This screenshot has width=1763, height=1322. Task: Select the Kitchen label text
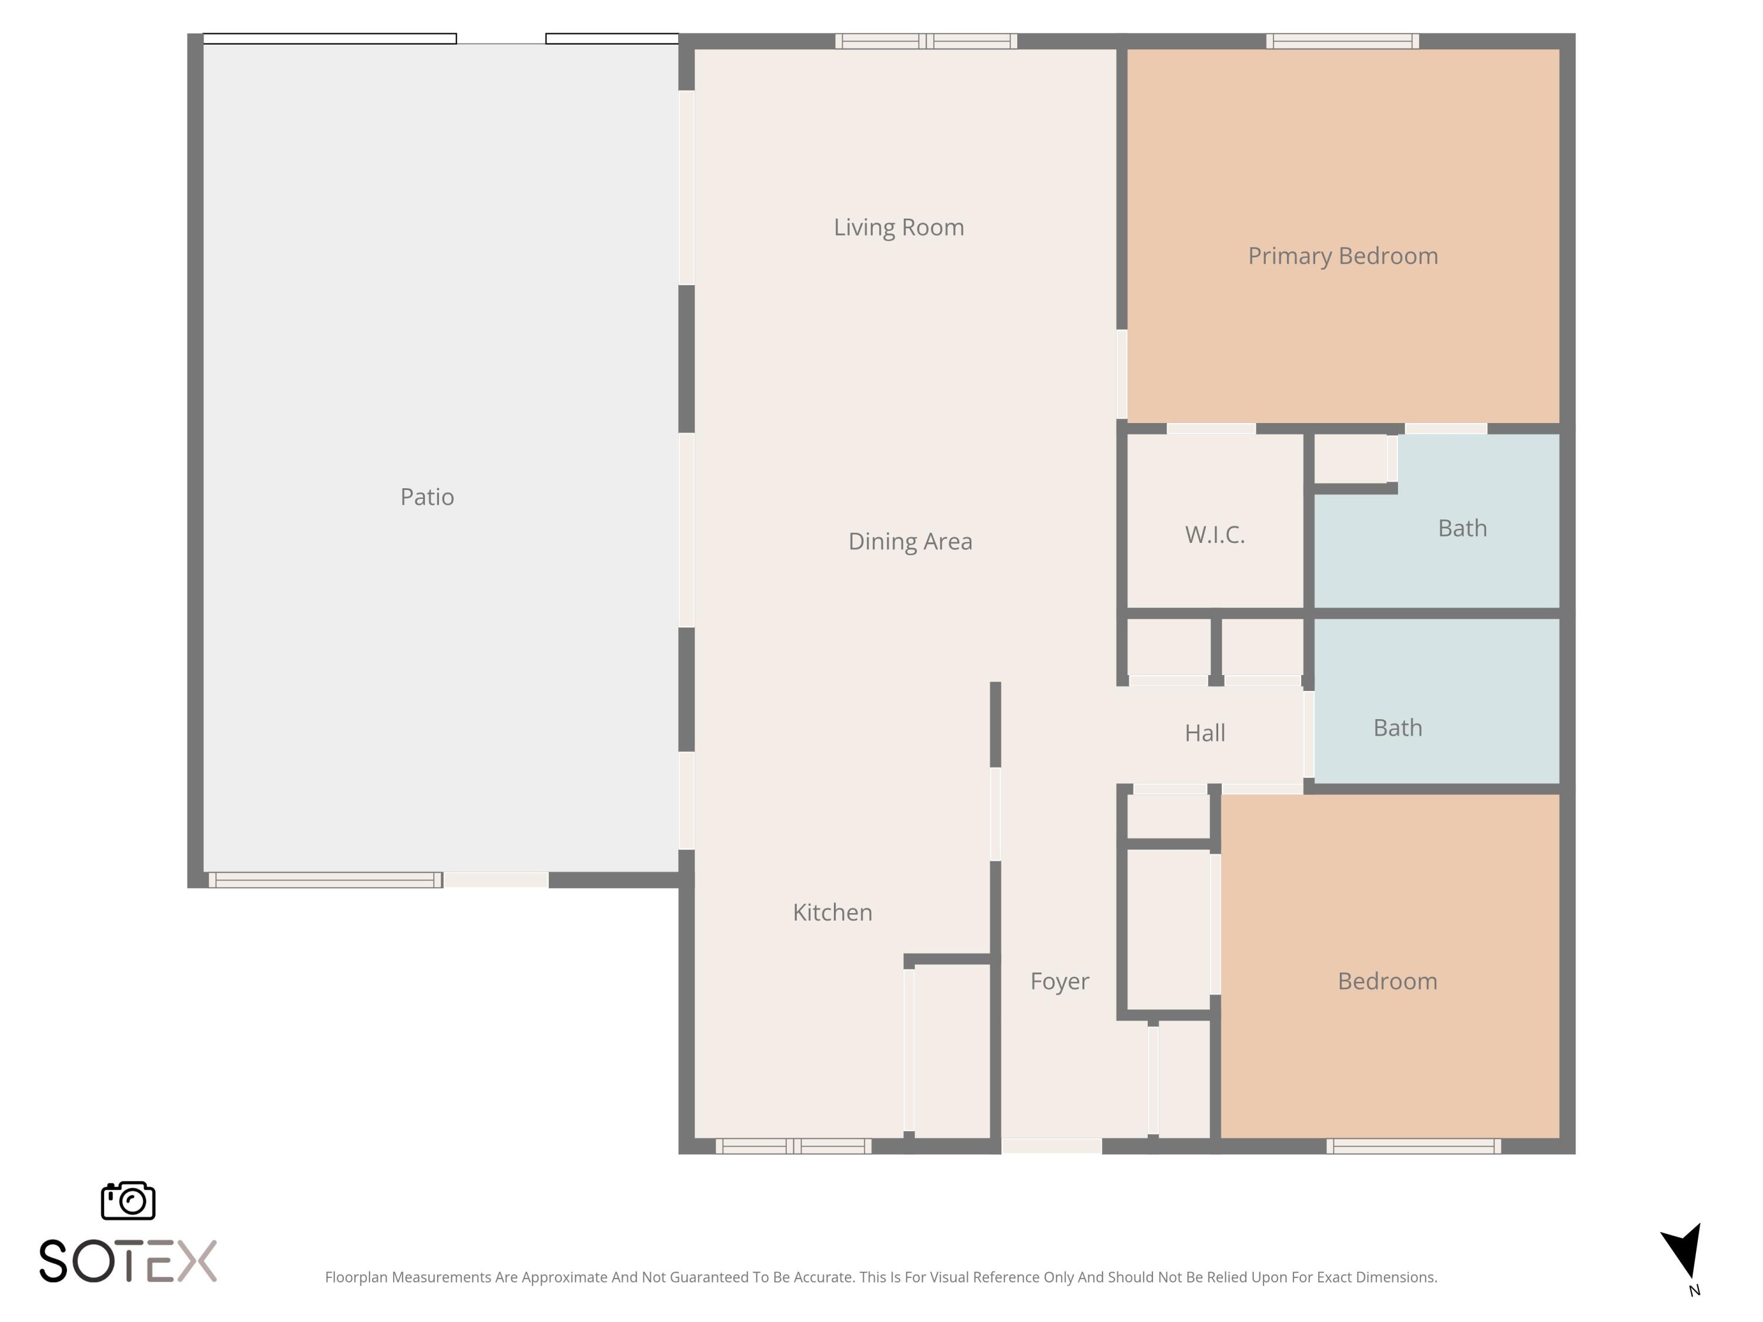pos(832,912)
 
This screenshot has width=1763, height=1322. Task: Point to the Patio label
pos(427,496)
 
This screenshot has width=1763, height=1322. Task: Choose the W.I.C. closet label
pos(1214,534)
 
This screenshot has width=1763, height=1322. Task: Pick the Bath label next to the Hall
pos(1397,727)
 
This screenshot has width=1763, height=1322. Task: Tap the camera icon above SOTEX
pos(128,1200)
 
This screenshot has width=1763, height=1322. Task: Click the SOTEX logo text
pos(128,1261)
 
